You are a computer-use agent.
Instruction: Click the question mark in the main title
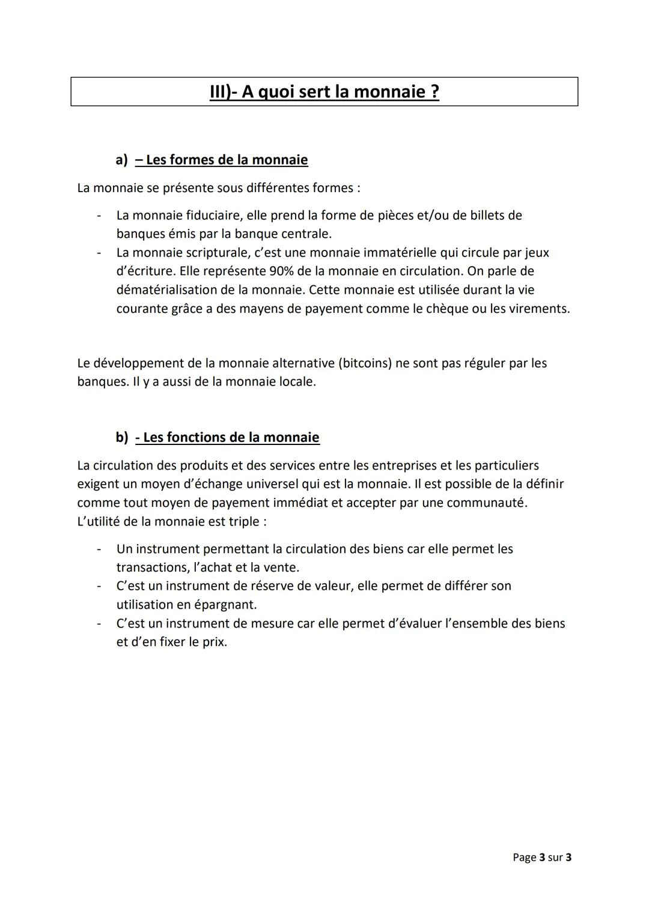(434, 92)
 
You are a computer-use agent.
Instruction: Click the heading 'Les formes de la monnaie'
(227, 160)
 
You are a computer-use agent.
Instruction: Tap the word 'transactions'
(152, 567)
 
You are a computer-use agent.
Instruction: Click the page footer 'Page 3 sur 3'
(541, 857)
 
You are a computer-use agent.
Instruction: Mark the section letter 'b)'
(122, 437)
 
